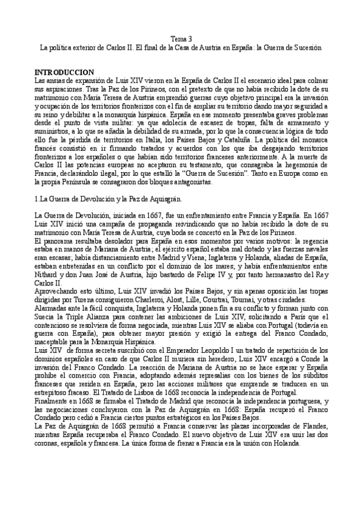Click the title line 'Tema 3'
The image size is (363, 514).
(x=181, y=38)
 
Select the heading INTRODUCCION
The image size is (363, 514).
(x=64, y=71)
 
